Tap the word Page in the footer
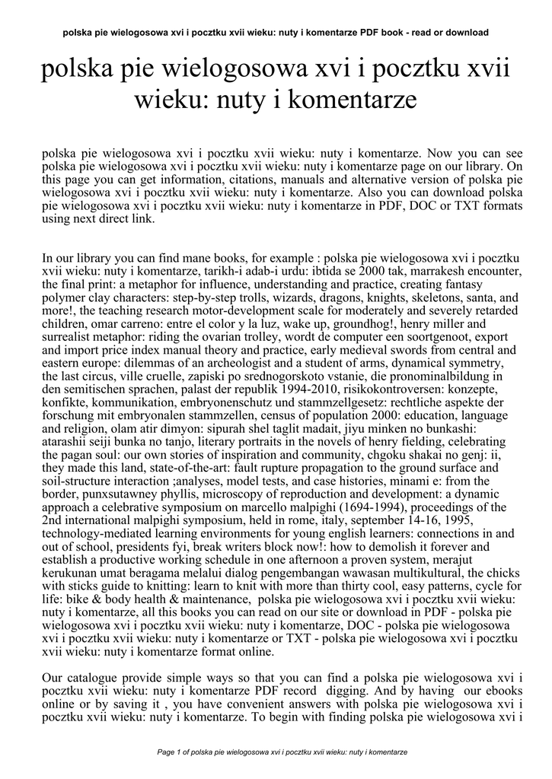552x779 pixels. point(166,752)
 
